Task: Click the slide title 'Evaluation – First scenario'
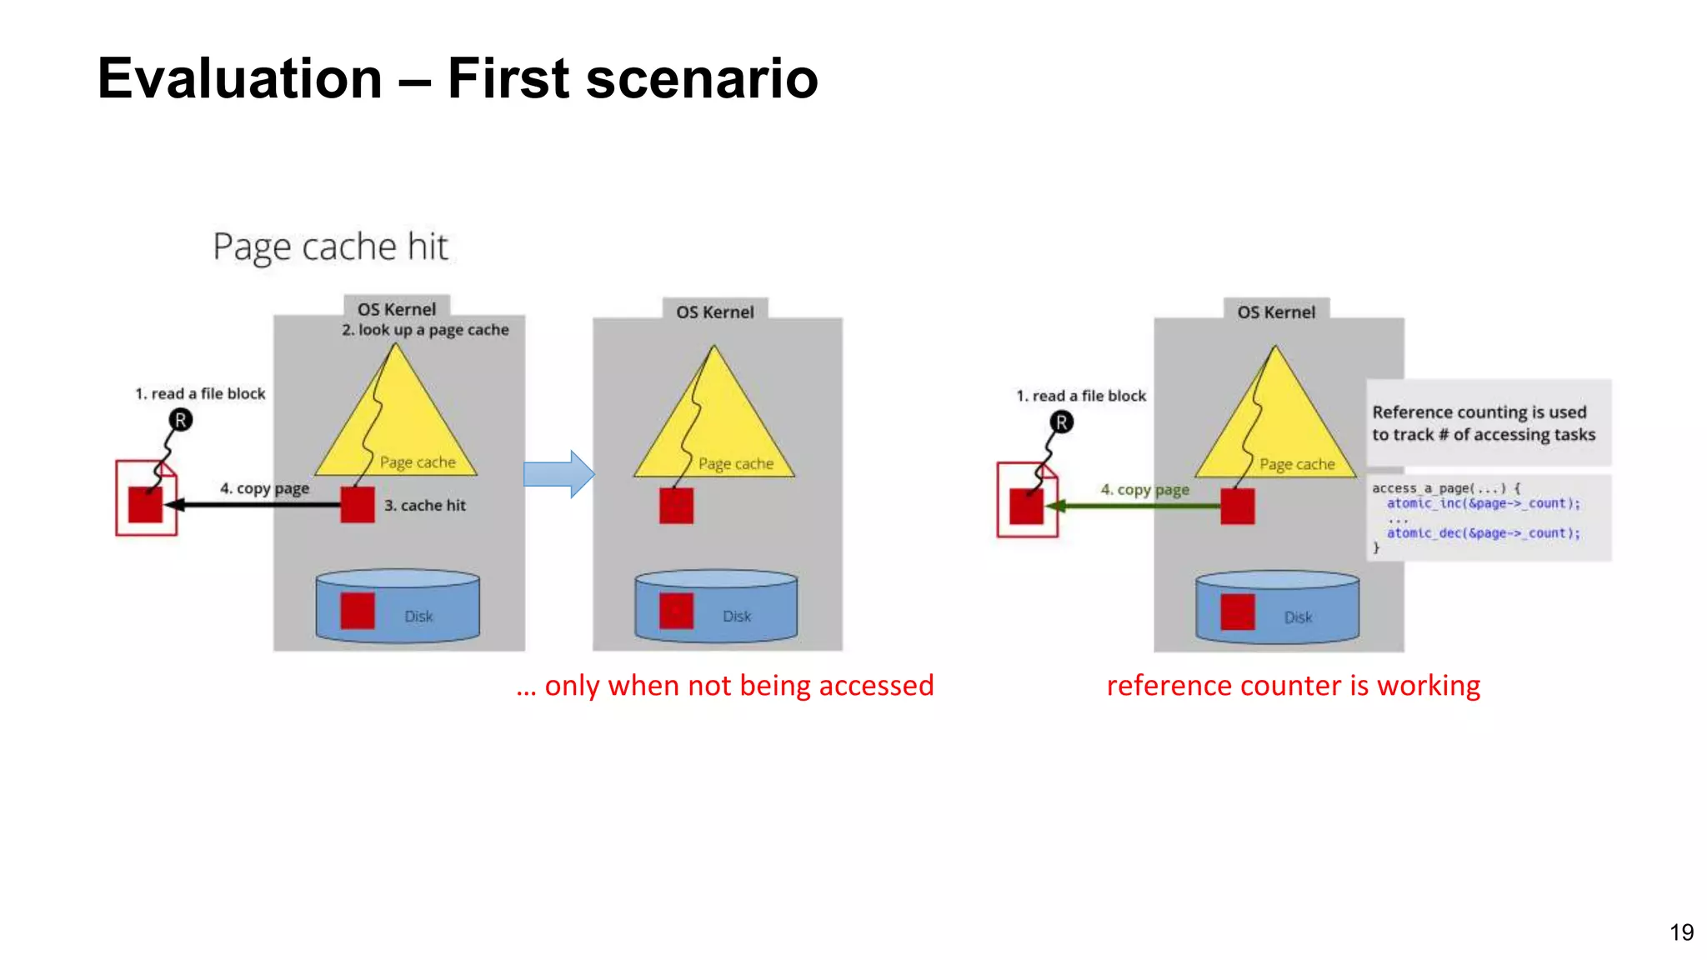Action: (x=457, y=78)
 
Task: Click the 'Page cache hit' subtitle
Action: (x=330, y=247)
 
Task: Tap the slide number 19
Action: (x=1681, y=932)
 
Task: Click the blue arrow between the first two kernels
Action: (x=558, y=474)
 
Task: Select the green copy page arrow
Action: (x=1134, y=506)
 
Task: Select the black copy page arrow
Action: (x=254, y=504)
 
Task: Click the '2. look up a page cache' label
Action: (x=425, y=330)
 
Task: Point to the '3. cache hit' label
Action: (x=425, y=505)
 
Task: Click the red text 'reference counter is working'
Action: (x=1293, y=685)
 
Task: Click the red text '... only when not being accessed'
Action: (x=724, y=685)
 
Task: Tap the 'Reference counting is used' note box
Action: (x=1488, y=422)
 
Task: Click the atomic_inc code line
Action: (x=1483, y=503)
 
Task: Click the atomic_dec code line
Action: (x=1483, y=533)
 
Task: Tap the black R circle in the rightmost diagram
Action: (x=1061, y=422)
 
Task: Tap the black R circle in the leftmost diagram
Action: (x=180, y=420)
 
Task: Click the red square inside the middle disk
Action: (x=676, y=611)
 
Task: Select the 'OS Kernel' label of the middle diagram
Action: (x=714, y=312)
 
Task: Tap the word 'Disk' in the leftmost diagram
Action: (x=418, y=616)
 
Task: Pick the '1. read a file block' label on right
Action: (x=1081, y=396)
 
